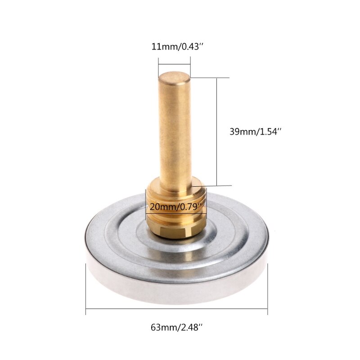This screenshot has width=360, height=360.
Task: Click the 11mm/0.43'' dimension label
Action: click(x=174, y=46)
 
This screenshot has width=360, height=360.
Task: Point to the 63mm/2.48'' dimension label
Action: click(x=176, y=328)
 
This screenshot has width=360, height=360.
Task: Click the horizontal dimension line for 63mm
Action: click(x=176, y=308)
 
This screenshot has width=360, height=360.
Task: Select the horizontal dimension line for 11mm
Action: click(x=174, y=63)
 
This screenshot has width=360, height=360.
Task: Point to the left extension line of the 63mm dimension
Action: click(x=85, y=288)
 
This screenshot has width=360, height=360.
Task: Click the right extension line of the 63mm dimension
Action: click(x=268, y=288)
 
